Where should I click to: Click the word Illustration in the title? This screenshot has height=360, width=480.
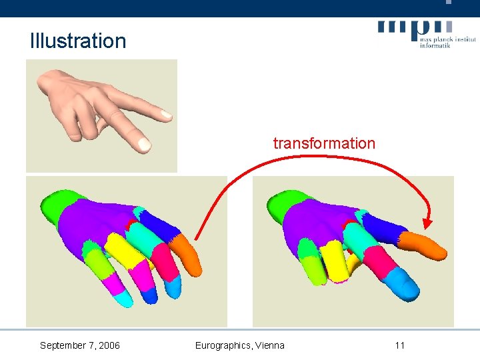(77, 41)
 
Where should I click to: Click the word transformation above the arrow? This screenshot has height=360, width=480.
(324, 143)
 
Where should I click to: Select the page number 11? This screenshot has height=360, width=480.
(399, 345)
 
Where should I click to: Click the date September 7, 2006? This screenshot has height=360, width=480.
(80, 345)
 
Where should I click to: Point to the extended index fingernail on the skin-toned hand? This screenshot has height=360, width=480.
(143, 143)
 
